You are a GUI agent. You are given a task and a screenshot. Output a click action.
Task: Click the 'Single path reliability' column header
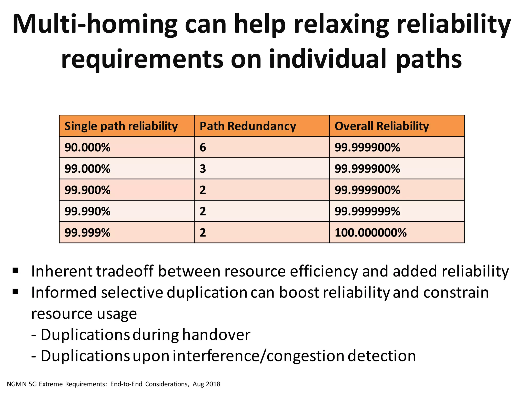click(x=121, y=126)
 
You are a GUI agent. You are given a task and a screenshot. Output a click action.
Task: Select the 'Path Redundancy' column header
click(x=248, y=126)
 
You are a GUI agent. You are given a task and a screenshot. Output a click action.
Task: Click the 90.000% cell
click(x=87, y=147)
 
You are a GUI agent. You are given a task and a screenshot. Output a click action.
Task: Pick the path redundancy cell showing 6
click(x=203, y=147)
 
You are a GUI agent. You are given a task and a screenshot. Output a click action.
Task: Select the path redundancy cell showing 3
click(x=203, y=169)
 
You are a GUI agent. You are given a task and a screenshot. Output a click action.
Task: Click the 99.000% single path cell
click(x=87, y=169)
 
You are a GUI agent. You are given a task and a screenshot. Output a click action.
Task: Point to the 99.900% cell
click(x=87, y=190)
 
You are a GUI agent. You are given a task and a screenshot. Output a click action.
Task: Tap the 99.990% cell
click(x=87, y=211)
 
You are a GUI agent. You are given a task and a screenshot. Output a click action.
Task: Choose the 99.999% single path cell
click(x=87, y=233)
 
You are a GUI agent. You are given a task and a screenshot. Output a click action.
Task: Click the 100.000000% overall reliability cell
click(x=370, y=233)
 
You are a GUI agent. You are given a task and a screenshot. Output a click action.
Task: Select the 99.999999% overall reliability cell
click(x=367, y=211)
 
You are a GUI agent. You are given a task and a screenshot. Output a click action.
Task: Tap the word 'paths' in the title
click(x=429, y=60)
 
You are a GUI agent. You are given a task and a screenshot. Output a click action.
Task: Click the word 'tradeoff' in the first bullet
click(x=125, y=271)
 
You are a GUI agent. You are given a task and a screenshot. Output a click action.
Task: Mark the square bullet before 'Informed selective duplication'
click(x=15, y=291)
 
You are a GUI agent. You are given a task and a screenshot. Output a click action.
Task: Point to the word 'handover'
click(x=216, y=335)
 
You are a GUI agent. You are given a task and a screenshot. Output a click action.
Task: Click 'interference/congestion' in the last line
click(x=258, y=356)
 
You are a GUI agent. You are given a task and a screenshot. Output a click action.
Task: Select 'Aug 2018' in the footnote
click(x=206, y=384)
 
